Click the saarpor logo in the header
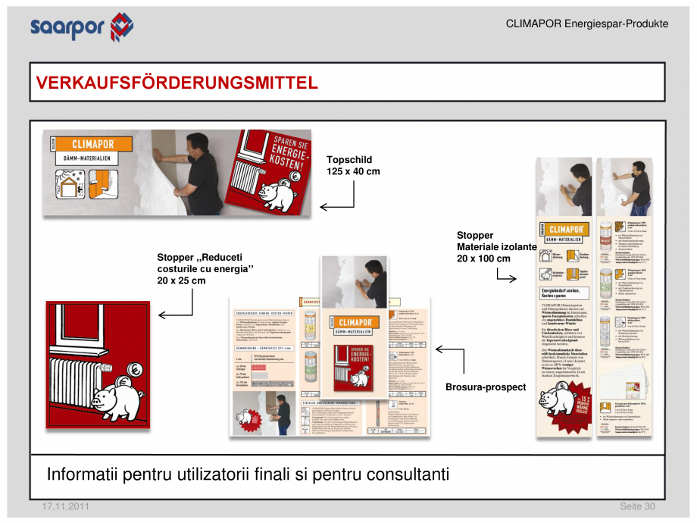(x=82, y=27)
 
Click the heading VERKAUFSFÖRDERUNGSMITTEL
(x=177, y=83)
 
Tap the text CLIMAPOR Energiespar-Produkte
(x=586, y=24)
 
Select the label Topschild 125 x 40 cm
(x=353, y=165)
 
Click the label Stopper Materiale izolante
(x=496, y=247)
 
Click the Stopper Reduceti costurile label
(x=205, y=269)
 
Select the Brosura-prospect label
(x=486, y=387)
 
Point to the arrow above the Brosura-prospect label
(x=451, y=360)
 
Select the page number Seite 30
(x=637, y=506)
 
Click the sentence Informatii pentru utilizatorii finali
(x=248, y=475)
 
